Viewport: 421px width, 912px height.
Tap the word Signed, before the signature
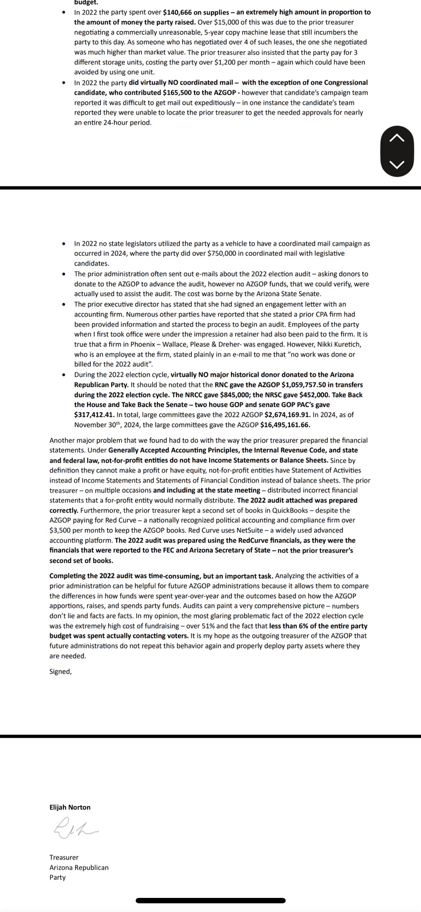click(x=61, y=671)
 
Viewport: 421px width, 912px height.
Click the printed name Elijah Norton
click(x=70, y=807)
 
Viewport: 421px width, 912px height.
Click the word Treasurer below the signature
click(x=64, y=857)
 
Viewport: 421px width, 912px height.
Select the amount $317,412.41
click(x=94, y=415)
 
